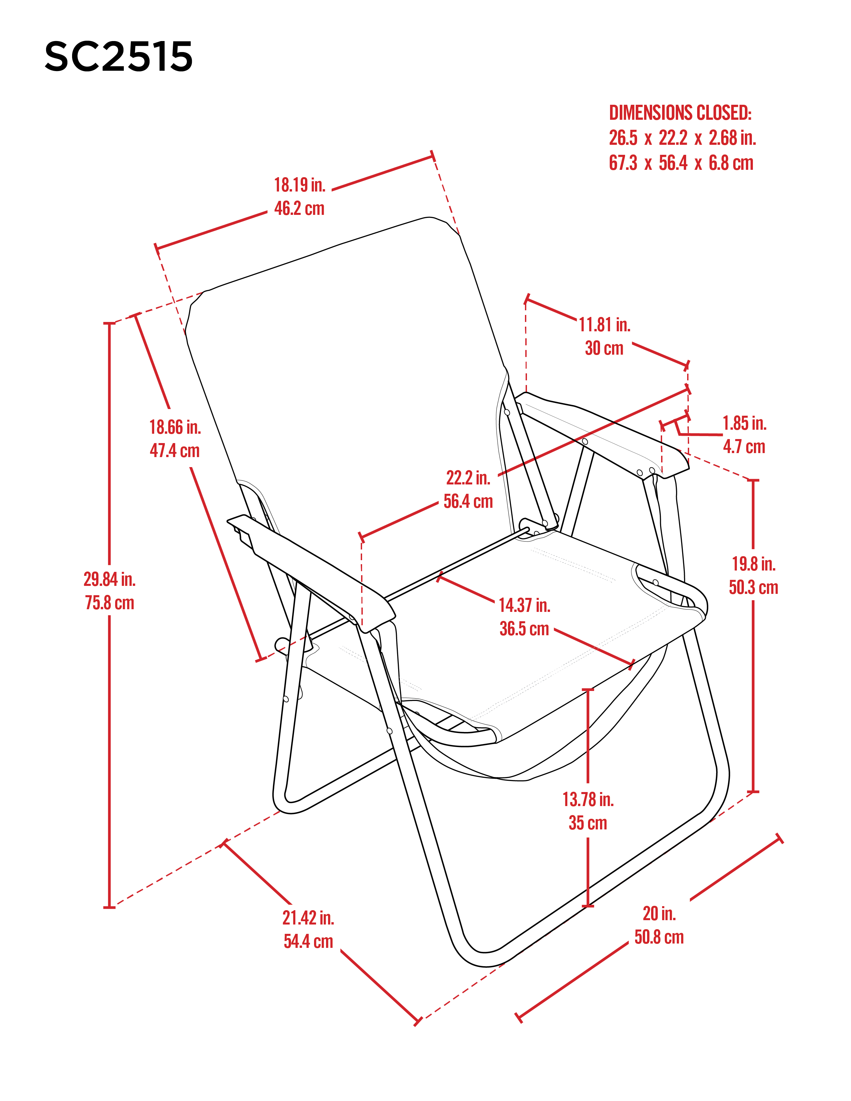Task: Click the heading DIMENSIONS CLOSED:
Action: (x=680, y=113)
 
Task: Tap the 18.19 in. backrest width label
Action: (x=299, y=185)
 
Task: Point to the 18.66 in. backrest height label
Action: (x=175, y=427)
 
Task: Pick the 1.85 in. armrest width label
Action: (x=745, y=423)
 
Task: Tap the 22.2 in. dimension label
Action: (x=468, y=477)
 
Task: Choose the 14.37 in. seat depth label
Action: (x=524, y=605)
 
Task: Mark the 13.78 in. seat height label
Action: (x=588, y=799)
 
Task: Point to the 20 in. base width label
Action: (x=659, y=913)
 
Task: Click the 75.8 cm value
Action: (x=109, y=603)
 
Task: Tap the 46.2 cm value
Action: (x=299, y=208)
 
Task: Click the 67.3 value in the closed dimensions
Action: (x=623, y=163)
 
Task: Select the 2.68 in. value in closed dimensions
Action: (x=733, y=137)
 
